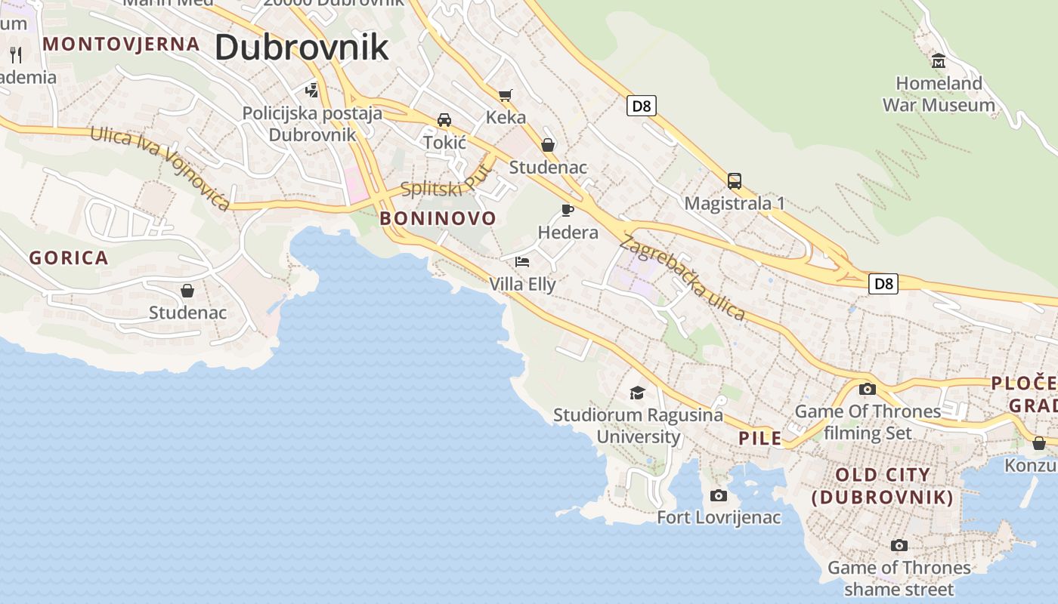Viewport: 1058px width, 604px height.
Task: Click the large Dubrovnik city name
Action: point(302,47)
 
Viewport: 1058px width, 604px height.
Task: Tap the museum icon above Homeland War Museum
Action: point(939,60)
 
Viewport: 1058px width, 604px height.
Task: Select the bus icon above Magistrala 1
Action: point(734,181)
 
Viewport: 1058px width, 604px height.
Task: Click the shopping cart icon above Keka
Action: point(505,95)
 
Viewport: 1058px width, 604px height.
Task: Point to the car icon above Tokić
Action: point(444,120)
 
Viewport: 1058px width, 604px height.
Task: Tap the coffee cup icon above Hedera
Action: point(568,210)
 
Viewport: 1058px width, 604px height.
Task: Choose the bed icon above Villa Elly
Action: point(522,262)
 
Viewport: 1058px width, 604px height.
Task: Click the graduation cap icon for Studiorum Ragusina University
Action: point(637,393)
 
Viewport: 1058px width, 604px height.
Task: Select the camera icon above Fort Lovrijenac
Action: point(719,495)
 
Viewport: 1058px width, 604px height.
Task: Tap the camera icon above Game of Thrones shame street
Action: point(899,545)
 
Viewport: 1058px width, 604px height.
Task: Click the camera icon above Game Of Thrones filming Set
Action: point(868,390)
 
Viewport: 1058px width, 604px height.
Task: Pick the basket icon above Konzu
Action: point(1039,443)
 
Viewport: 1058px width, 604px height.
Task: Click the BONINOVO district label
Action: point(438,219)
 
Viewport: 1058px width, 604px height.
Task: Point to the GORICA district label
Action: point(69,258)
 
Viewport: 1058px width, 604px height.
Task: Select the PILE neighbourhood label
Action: point(760,439)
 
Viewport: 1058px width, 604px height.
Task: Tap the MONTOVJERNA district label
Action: point(122,44)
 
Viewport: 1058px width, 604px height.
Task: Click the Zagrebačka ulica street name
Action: point(682,278)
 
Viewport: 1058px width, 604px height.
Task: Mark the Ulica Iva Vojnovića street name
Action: point(159,168)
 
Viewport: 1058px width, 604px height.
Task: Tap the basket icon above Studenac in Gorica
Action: point(187,291)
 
